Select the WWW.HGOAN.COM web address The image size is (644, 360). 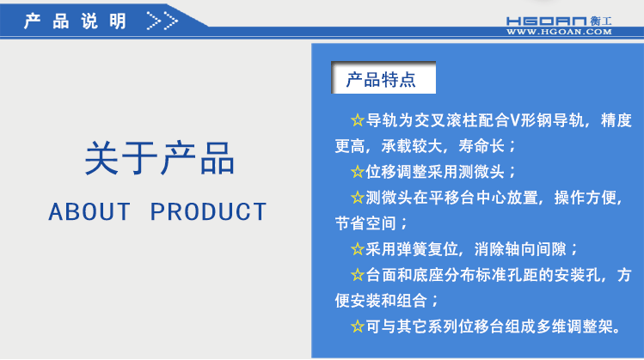(558, 32)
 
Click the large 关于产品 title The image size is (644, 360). (159, 160)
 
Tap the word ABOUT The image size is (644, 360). (89, 211)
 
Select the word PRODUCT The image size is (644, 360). (209, 211)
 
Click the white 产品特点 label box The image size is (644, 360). (382, 81)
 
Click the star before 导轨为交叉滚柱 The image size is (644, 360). (358, 120)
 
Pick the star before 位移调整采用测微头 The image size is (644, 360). (358, 172)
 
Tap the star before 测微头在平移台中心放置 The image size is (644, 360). (358, 198)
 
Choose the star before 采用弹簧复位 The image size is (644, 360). (358, 249)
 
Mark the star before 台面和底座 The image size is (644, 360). (358, 275)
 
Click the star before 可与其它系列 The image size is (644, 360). (358, 326)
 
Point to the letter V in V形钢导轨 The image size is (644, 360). (516, 120)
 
